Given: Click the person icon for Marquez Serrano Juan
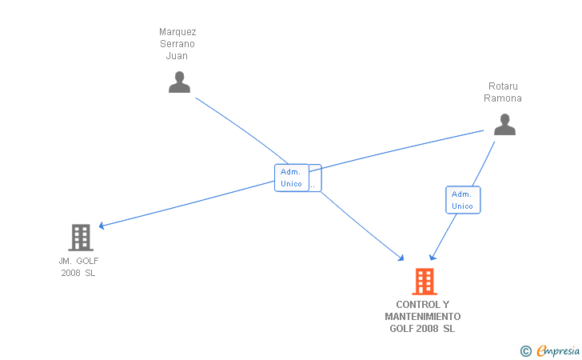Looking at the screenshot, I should pos(179,82).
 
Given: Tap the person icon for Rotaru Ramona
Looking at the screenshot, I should pos(504,125).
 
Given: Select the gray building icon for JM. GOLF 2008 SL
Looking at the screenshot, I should pos(81,238).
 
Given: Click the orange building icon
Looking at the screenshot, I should pos(425,282).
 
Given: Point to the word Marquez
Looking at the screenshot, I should pos(177,32).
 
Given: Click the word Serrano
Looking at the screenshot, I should pos(177,44).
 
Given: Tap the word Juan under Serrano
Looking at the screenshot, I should pos(177,56).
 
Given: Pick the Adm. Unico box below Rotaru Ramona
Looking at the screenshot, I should pos(462,200).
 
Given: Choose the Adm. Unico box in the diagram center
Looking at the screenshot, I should pos(291,178).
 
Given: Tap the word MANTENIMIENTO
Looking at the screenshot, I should pos(422,317).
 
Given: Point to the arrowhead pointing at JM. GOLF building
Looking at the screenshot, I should pos(102,226).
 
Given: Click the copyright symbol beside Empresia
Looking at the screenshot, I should pos(525,350).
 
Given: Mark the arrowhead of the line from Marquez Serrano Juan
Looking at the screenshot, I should pos(402,258).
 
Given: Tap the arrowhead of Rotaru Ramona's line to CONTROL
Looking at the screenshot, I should pos(433,257).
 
